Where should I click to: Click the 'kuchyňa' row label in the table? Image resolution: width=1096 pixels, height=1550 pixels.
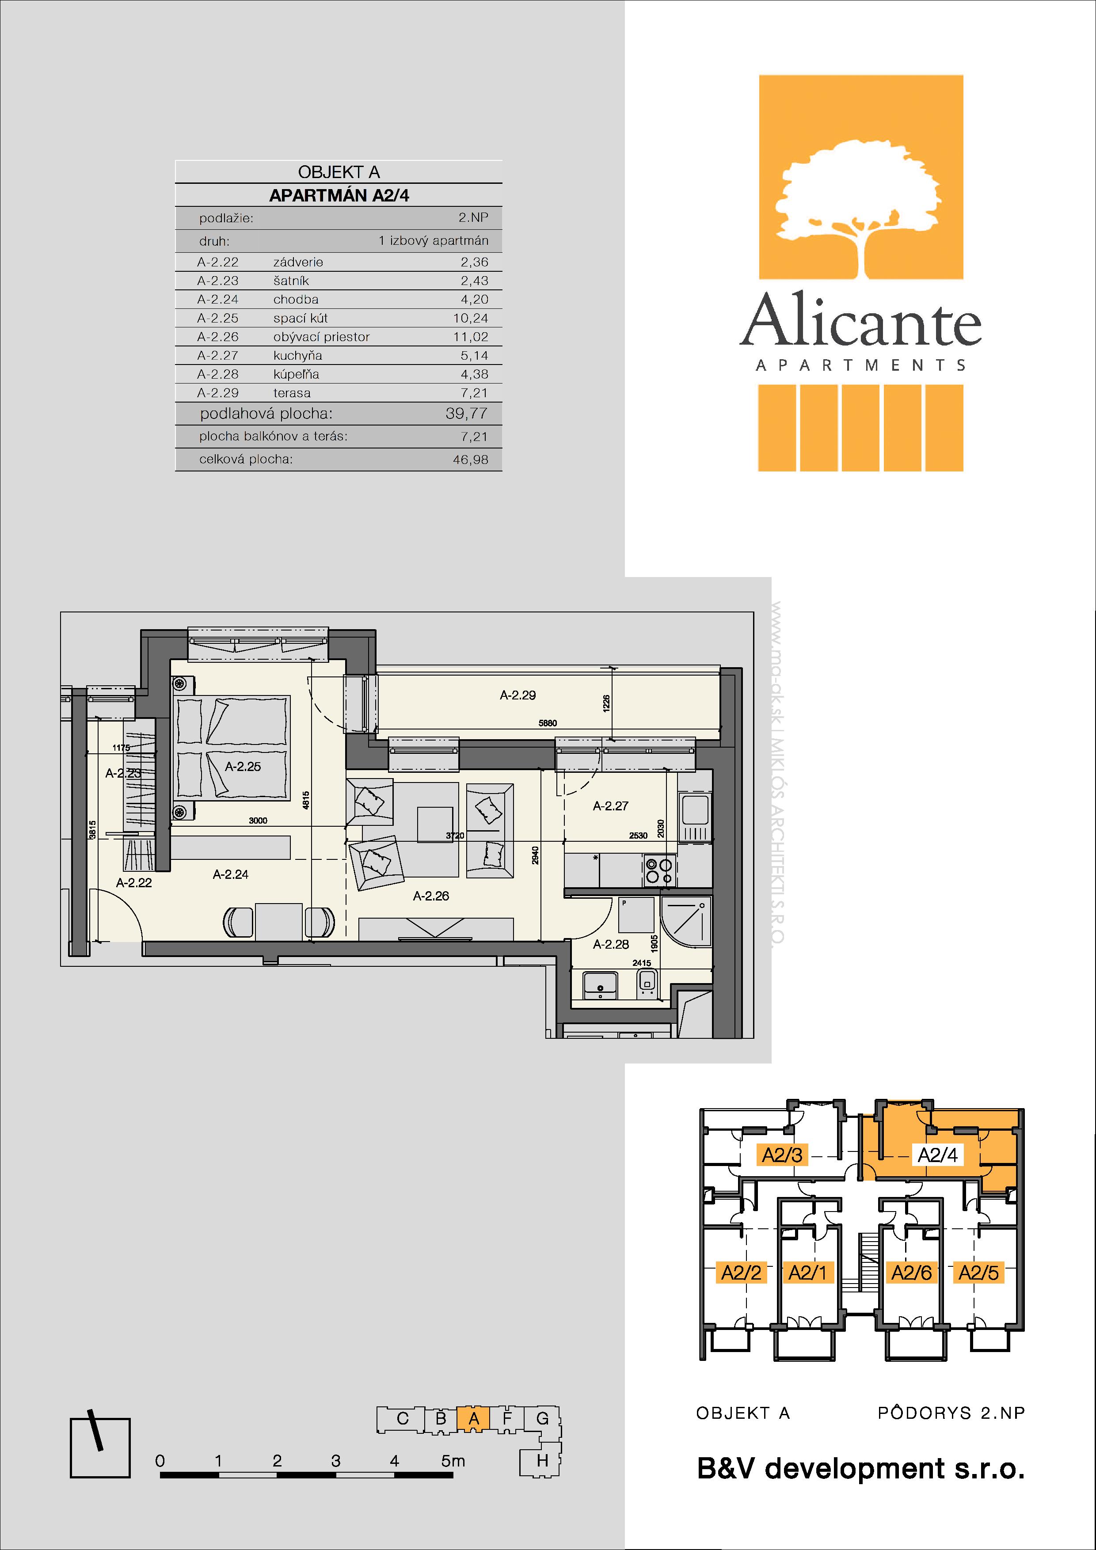[298, 356]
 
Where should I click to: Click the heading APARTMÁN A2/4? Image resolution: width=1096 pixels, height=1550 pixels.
[339, 196]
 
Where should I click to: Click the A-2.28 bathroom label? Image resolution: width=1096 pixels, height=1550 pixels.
[611, 944]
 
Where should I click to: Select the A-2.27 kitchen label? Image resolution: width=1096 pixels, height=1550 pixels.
[610, 805]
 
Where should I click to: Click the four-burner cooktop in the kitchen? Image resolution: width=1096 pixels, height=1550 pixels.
[659, 870]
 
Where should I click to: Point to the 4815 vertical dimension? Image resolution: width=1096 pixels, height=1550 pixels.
[306, 800]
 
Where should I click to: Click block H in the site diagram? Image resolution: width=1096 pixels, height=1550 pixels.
[541, 1461]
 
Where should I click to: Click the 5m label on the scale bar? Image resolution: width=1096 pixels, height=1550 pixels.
[453, 1461]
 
